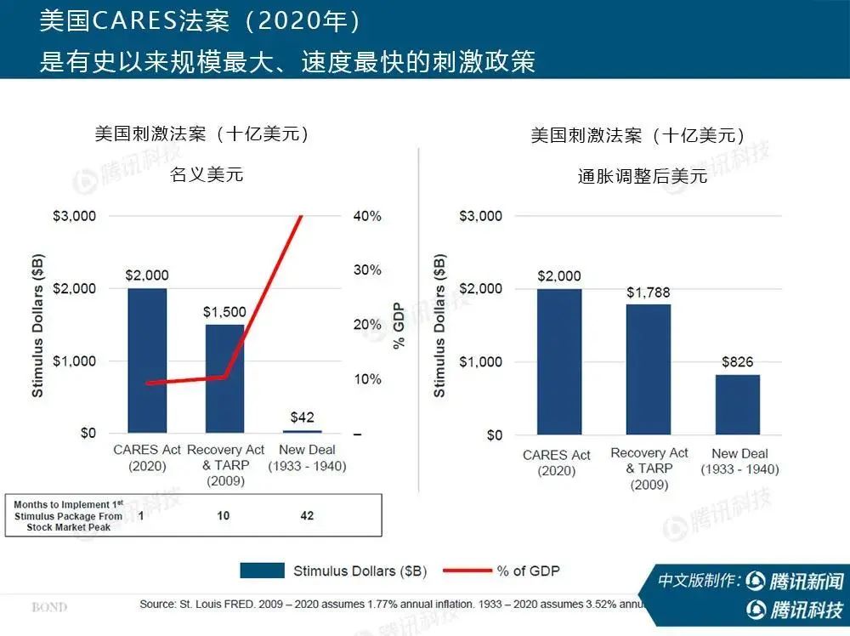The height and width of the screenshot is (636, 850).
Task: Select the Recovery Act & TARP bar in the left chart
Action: pyautogui.click(x=224, y=378)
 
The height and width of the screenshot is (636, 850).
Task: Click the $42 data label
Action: pyautogui.click(x=302, y=417)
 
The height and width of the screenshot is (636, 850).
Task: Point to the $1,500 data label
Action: pyautogui.click(x=224, y=312)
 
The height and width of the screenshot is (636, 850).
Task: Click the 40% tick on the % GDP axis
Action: pyautogui.click(x=367, y=216)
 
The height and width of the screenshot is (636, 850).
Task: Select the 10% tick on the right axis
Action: pyautogui.click(x=367, y=379)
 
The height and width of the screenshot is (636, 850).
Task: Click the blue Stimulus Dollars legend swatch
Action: pyautogui.click(x=262, y=571)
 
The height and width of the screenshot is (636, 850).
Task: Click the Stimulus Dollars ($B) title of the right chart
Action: pyautogui.click(x=439, y=326)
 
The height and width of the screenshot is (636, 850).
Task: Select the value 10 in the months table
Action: pyautogui.click(x=223, y=516)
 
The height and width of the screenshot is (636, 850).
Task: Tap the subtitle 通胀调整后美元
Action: pyautogui.click(x=643, y=176)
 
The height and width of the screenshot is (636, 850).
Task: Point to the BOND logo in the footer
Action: pyautogui.click(x=49, y=607)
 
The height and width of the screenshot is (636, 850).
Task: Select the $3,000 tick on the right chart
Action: pyautogui.click(x=481, y=216)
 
